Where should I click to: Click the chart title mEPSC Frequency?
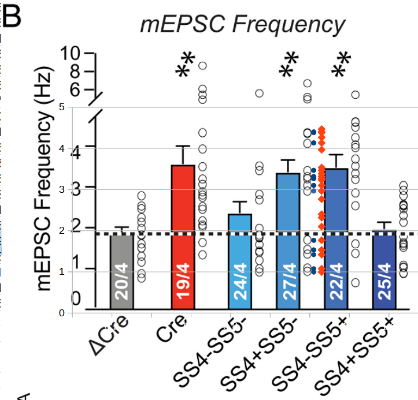243,25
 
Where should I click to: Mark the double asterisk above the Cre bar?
186,65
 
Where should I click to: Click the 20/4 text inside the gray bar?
122,286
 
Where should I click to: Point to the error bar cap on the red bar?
183,147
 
